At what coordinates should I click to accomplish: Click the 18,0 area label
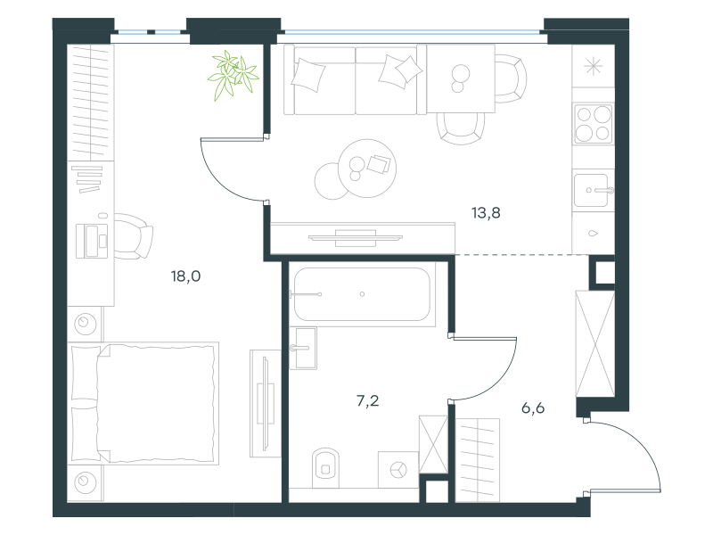point(185,276)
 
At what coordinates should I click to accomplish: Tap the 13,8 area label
point(486,212)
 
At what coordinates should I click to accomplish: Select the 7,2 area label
point(367,400)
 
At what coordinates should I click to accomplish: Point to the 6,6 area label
point(533,408)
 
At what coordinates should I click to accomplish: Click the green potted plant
point(233,74)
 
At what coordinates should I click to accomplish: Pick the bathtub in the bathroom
point(362,294)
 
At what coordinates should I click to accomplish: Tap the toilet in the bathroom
point(325,468)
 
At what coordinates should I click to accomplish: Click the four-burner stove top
point(593,123)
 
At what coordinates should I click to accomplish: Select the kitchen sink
point(593,190)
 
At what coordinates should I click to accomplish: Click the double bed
point(143,404)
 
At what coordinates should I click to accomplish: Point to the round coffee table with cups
point(367,169)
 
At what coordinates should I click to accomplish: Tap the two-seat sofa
point(350,79)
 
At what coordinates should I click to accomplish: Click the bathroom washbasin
point(303,348)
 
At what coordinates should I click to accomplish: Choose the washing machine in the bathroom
point(398,470)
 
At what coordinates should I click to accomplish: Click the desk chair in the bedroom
point(133,236)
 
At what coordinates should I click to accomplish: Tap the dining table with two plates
point(461,78)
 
